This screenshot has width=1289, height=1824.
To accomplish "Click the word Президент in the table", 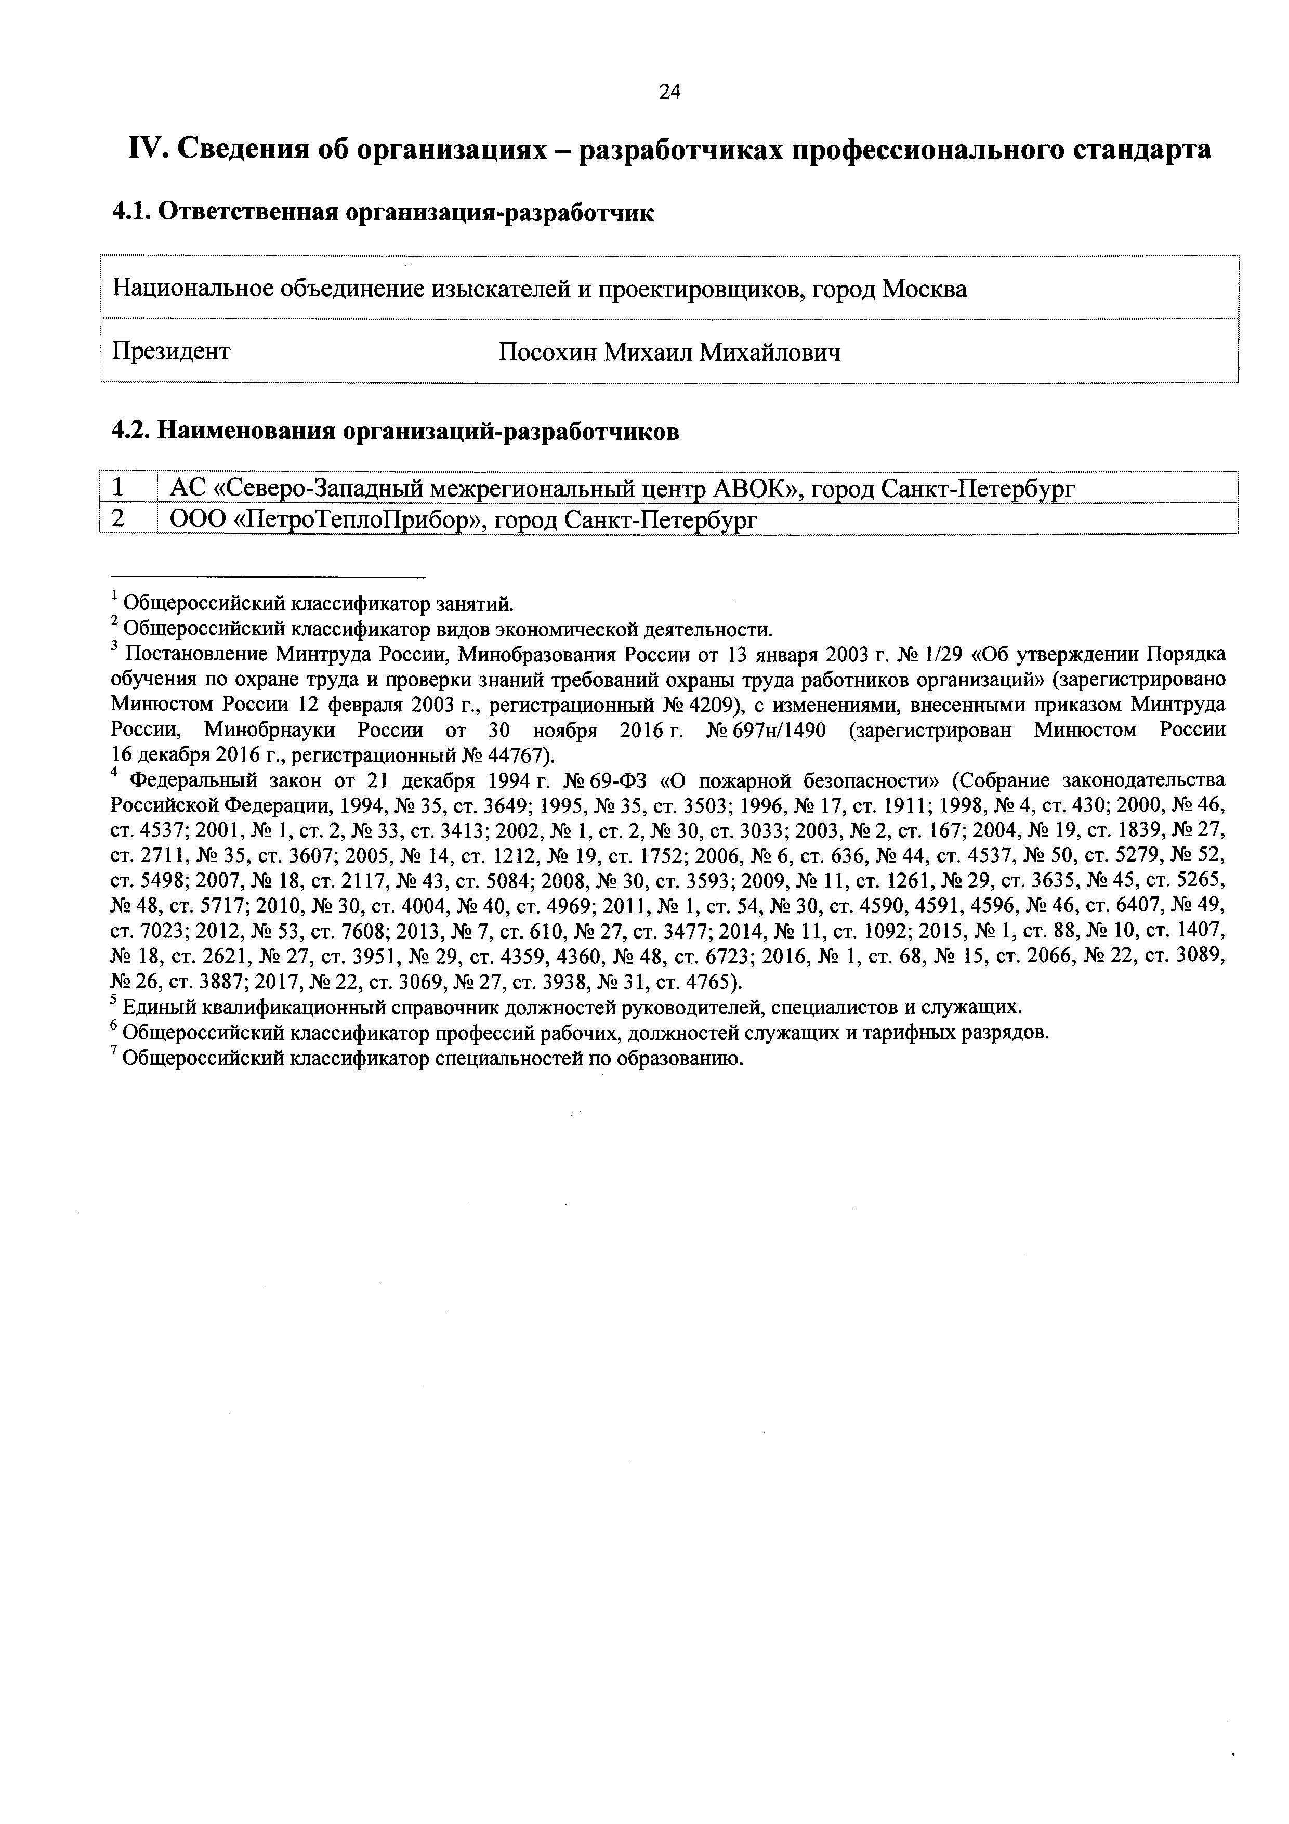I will [x=172, y=350].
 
